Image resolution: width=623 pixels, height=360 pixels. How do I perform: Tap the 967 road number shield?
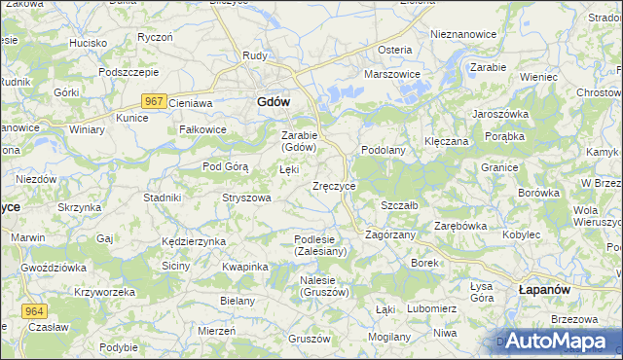click(x=152, y=100)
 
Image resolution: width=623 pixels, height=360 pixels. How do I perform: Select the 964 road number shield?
click(x=34, y=309)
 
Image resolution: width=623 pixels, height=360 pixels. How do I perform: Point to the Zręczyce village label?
click(x=334, y=186)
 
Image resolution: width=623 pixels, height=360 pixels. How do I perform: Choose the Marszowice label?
click(x=391, y=74)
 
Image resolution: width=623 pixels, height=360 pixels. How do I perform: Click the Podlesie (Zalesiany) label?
click(x=320, y=245)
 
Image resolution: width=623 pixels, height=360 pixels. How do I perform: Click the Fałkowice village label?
click(x=202, y=129)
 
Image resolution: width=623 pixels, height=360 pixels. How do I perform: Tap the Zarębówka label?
click(x=459, y=226)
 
